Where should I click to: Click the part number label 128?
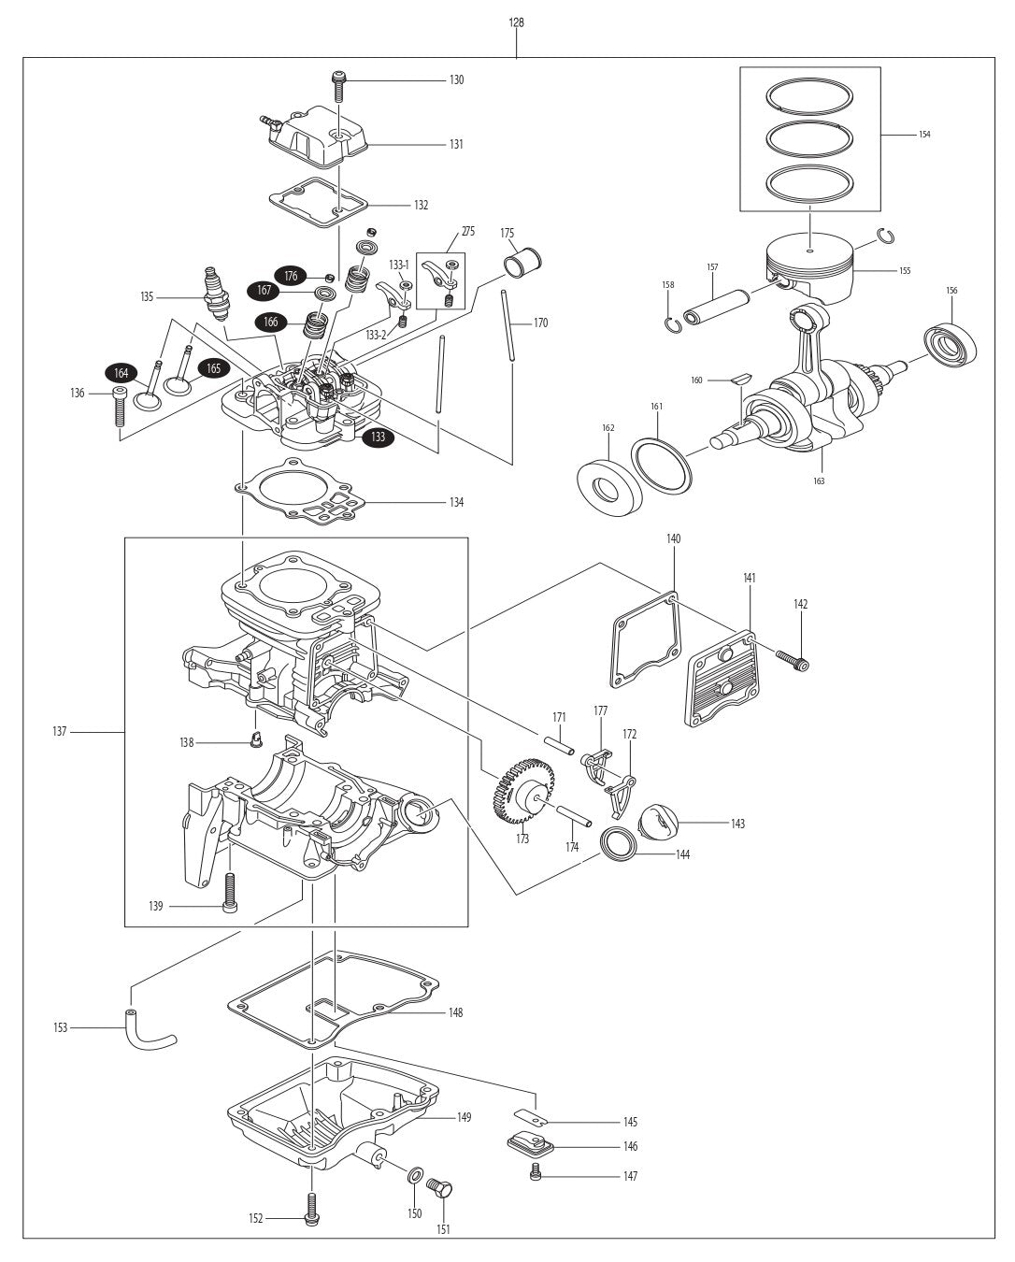pyautogui.click(x=516, y=22)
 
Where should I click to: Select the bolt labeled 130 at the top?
pyautogui.click(x=337, y=85)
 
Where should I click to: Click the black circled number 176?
pyautogui.click(x=291, y=276)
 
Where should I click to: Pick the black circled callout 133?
pyautogui.click(x=378, y=437)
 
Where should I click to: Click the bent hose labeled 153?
pyautogui.click(x=149, y=1028)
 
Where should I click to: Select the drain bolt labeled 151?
pyautogui.click(x=439, y=1190)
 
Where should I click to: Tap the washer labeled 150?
pyautogui.click(x=414, y=1173)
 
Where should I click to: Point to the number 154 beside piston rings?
pyautogui.click(x=923, y=135)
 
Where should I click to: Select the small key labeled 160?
pyautogui.click(x=741, y=379)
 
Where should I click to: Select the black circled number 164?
pyautogui.click(x=121, y=373)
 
